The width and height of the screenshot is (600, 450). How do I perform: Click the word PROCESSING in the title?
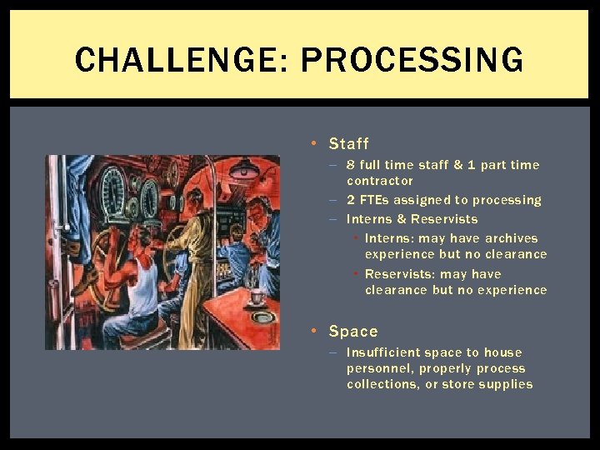412,60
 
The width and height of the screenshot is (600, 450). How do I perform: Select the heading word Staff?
348,143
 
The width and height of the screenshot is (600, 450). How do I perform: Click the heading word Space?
353,331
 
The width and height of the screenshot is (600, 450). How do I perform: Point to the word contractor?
379,181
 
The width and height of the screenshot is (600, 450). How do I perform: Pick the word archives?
511,238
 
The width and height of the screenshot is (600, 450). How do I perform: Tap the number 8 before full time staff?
352,165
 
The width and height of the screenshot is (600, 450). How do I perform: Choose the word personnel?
379,368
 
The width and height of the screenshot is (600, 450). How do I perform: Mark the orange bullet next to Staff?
312,143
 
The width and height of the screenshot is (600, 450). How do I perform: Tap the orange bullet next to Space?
312,331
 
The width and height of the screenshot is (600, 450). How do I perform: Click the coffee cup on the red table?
257,297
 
